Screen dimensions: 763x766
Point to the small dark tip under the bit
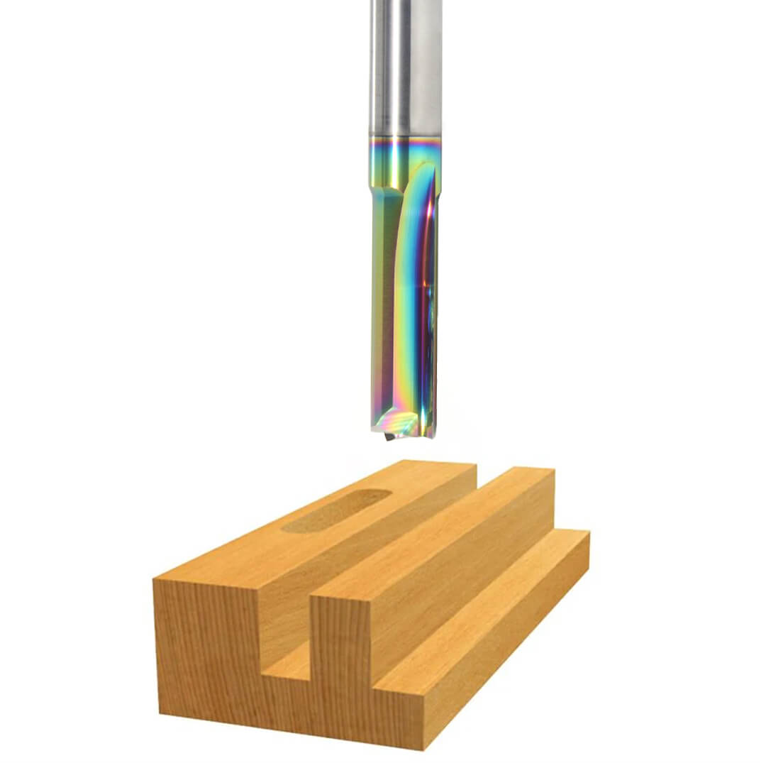[388, 437]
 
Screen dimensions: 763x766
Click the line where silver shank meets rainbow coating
[405, 136]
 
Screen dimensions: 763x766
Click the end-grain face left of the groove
[206, 639]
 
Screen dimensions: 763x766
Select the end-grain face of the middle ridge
[340, 639]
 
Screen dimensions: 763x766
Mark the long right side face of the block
[511, 667]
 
